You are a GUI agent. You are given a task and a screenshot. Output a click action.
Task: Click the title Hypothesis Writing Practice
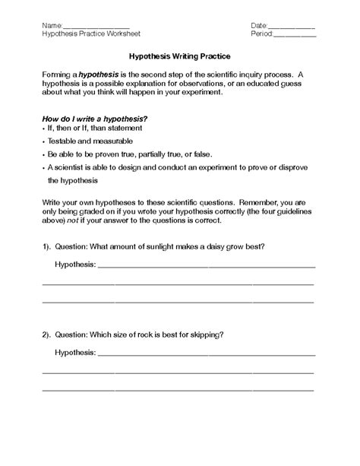pos(180,56)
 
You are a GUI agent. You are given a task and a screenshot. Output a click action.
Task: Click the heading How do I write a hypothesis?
pos(93,119)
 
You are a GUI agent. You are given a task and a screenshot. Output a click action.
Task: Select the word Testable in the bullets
pos(63,141)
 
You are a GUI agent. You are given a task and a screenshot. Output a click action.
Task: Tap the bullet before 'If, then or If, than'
pos(43,130)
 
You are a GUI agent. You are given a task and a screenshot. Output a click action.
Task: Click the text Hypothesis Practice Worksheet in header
pos(91,35)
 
